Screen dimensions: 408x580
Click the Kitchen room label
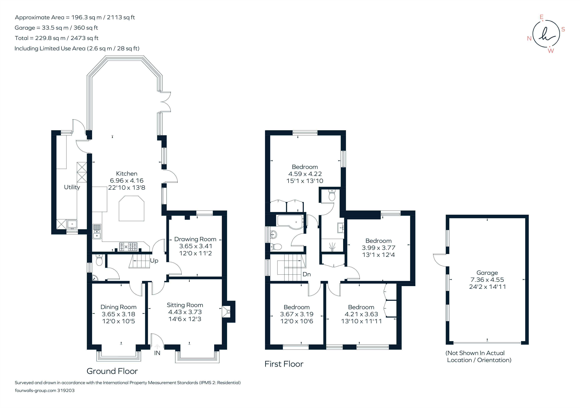tap(127, 174)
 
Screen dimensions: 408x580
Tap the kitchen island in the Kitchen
tap(131, 208)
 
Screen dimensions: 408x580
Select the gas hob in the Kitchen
tap(128, 247)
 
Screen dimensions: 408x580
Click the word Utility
tap(72, 187)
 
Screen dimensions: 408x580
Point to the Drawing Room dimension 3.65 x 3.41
tap(196, 246)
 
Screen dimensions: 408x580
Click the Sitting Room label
tap(185, 305)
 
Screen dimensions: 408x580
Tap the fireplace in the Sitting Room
tap(226, 312)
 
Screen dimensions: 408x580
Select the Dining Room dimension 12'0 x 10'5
tap(118, 321)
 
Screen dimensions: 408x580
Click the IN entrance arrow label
tap(157, 353)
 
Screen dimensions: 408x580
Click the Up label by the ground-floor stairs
tap(154, 261)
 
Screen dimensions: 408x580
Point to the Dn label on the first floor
tap(306, 274)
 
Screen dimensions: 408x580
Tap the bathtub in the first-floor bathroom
tap(291, 221)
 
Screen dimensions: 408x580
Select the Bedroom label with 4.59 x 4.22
tap(305, 167)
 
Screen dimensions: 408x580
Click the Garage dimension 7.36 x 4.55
tap(487, 280)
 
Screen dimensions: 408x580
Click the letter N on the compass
tap(529, 38)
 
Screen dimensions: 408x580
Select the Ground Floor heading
tap(112, 371)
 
